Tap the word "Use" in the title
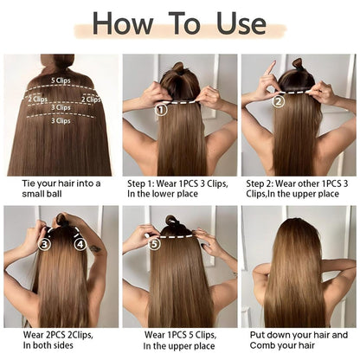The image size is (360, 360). [237, 23]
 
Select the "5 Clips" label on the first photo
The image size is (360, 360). [61, 80]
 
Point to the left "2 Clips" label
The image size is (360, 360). [37, 99]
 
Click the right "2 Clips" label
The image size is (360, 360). [91, 99]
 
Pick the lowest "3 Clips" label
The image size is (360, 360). [61, 120]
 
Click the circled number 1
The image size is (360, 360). [160, 110]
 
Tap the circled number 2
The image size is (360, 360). [279, 100]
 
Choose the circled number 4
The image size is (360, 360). [80, 245]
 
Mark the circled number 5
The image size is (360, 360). [154, 245]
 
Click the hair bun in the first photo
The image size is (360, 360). [59, 62]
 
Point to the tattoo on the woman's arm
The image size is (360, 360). [94, 249]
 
